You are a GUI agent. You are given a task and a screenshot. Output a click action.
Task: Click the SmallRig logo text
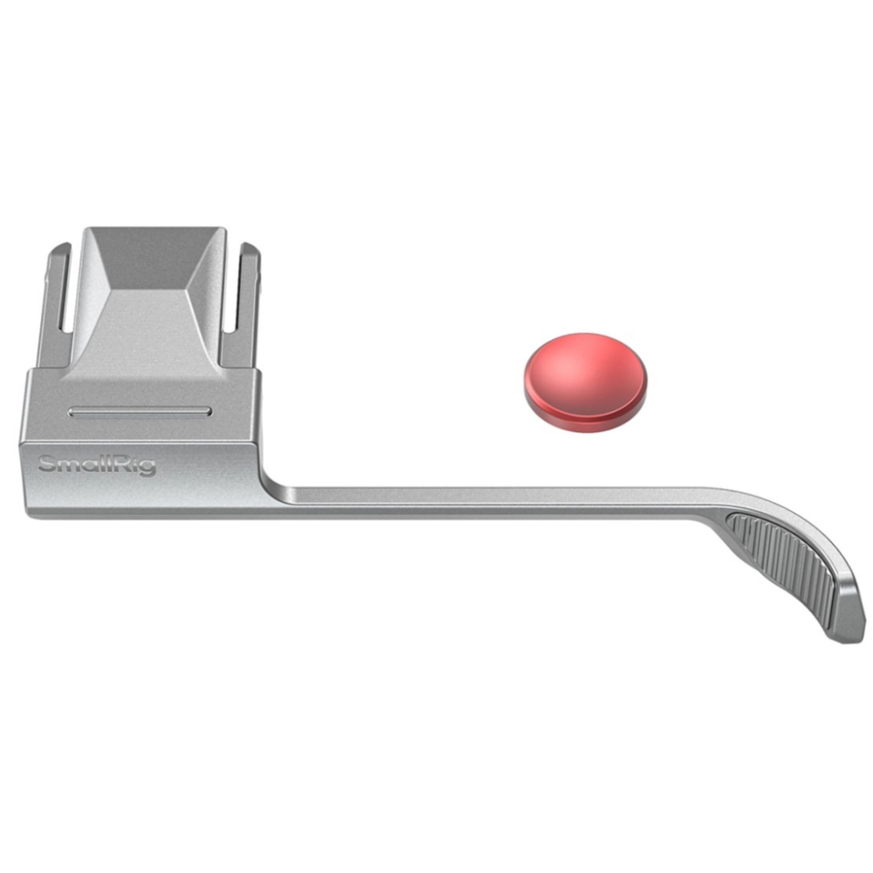(x=97, y=465)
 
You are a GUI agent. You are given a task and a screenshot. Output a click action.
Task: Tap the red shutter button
(x=585, y=382)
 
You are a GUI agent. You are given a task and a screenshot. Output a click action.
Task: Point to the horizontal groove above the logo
(x=140, y=412)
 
